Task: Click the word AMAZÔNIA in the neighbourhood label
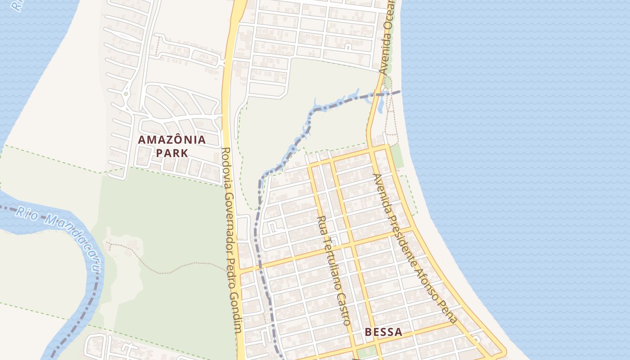(x=171, y=139)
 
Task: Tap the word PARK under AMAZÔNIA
(x=171, y=153)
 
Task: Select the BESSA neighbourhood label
(x=383, y=332)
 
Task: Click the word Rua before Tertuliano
(x=322, y=225)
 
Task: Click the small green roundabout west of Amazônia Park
(x=126, y=94)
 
